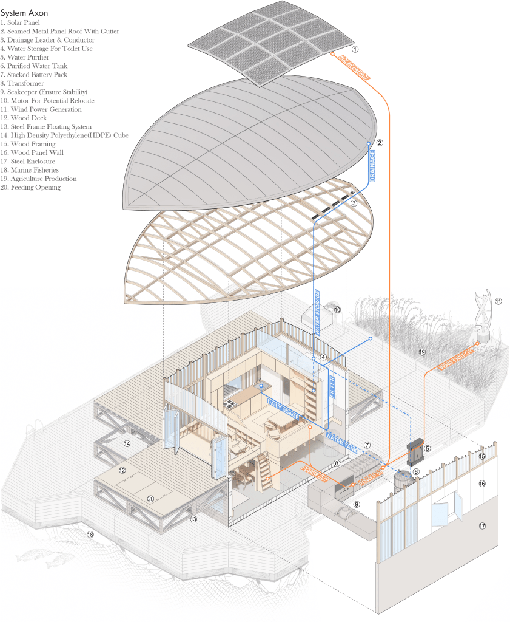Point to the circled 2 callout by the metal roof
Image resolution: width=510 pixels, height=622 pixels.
[380, 143]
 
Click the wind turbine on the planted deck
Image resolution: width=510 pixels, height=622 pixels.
[483, 313]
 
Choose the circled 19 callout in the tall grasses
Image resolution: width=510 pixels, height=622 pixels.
[421, 352]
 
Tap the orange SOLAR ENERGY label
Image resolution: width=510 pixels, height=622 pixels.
[355, 67]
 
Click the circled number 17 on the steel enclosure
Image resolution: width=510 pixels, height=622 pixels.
[483, 526]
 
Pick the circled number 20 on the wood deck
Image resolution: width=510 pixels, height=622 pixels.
[151, 498]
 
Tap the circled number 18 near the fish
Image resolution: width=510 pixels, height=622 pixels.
[90, 535]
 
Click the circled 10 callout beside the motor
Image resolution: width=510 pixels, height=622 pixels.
[337, 310]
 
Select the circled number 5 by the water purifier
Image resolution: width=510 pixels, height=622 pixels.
[427, 449]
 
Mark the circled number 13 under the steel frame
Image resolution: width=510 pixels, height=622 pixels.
[193, 519]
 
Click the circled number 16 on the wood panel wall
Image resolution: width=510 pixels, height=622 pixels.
[483, 484]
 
